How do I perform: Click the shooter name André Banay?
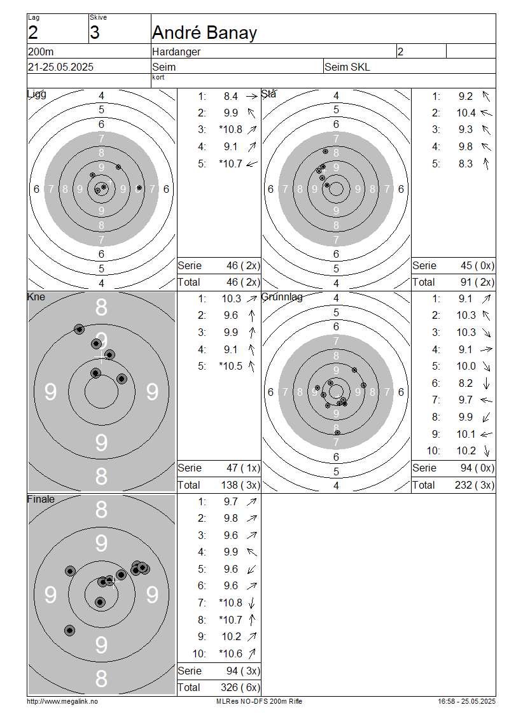click(x=204, y=32)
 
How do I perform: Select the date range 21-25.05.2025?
click(x=60, y=67)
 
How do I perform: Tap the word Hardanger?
click(x=176, y=52)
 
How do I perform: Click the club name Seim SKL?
click(x=347, y=67)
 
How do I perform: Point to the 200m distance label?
click(x=41, y=52)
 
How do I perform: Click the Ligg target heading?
click(x=37, y=94)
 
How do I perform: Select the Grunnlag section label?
click(x=282, y=297)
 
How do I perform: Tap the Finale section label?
click(x=41, y=499)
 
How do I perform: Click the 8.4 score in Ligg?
click(x=231, y=96)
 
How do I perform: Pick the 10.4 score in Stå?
click(x=466, y=113)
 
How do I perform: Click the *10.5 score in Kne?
click(x=231, y=366)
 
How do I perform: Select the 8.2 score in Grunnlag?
click(x=466, y=383)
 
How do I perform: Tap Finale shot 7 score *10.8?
click(x=231, y=603)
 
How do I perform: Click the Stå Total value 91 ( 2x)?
click(x=477, y=282)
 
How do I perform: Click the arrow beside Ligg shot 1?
click(x=252, y=96)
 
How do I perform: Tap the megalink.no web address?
click(x=62, y=701)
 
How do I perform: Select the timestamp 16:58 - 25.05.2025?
click(x=467, y=701)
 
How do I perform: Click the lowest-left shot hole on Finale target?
click(x=70, y=631)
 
